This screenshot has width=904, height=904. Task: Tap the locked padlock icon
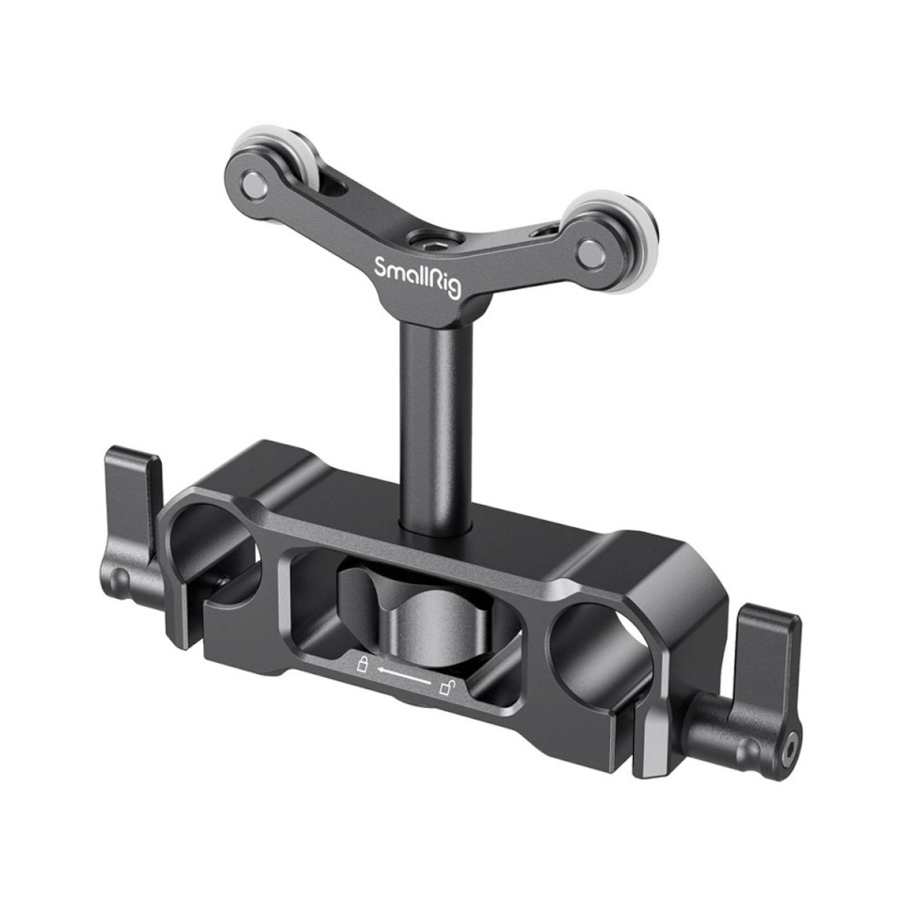360,665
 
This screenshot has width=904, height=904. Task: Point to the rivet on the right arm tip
589,251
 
